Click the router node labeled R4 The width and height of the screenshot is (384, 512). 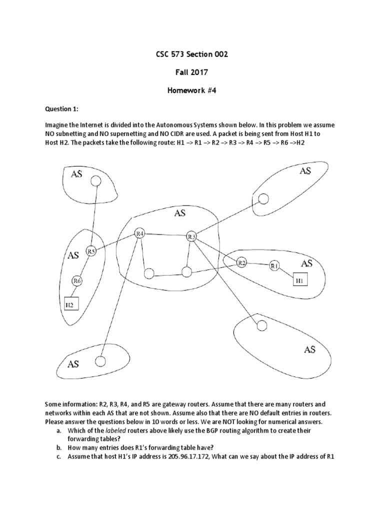coord(140,233)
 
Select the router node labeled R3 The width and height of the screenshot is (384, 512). coord(191,236)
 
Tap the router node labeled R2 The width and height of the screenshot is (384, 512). coord(242,262)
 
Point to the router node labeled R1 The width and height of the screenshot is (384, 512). coord(274,266)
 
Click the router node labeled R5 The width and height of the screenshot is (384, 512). coord(90,251)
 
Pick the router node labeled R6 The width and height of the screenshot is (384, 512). coord(77,281)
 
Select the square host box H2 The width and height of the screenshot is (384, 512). coord(70,303)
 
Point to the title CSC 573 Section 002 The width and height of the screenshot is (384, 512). coord(191,54)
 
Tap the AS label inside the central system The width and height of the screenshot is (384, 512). coord(180,213)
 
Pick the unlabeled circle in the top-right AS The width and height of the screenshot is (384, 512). coord(263,199)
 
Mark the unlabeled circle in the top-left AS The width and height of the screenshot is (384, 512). coord(93,183)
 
